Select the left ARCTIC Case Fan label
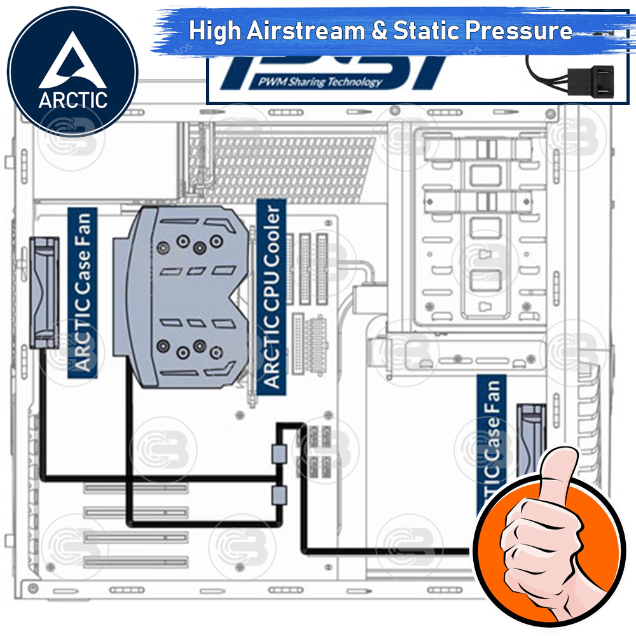click(83, 293)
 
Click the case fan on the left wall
click(46, 292)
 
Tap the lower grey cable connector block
click(279, 495)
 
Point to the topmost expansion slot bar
click(137, 488)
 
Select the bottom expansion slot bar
click(137, 562)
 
